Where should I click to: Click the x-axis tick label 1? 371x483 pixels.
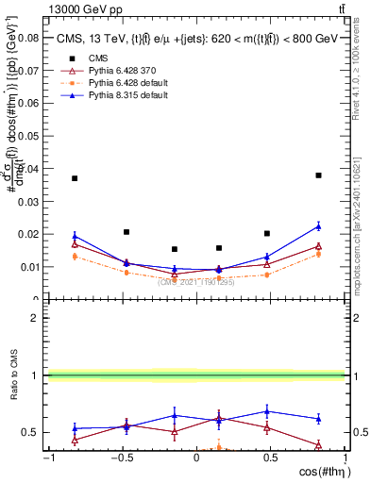pos(345,458)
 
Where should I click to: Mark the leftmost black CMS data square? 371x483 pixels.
pos(75,178)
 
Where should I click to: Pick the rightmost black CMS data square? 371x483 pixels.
pos(319,175)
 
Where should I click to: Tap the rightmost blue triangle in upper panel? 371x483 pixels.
pos(319,226)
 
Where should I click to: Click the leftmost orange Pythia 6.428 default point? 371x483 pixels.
pos(75,256)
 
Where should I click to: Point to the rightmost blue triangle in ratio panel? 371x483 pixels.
pos(319,419)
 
